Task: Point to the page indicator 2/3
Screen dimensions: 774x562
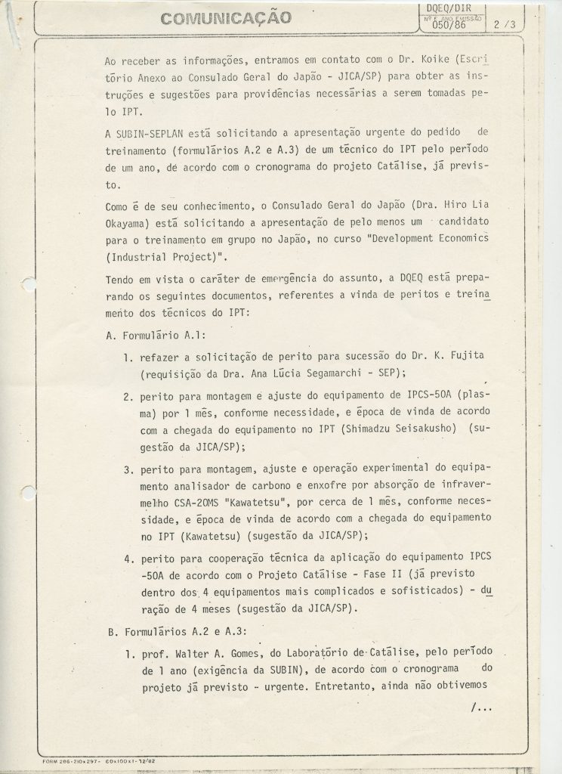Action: point(500,24)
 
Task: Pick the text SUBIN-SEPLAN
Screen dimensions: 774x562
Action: point(150,134)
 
